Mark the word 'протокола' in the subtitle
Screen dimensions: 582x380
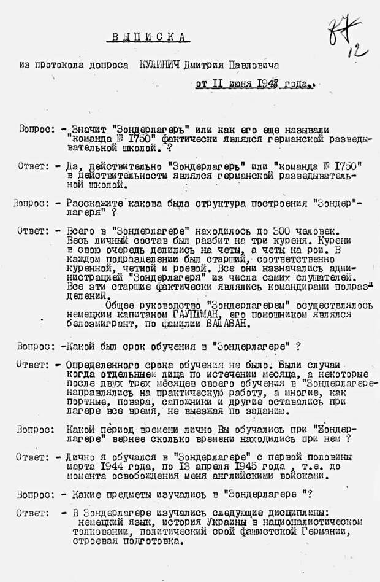coord(60,64)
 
